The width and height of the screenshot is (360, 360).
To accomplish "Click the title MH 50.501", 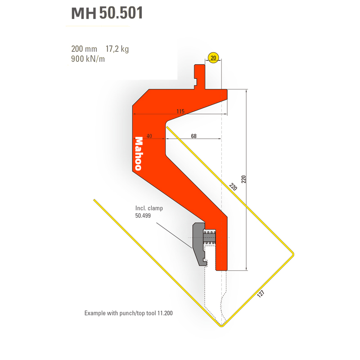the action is [107, 13].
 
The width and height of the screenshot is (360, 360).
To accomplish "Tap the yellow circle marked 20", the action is [213, 58].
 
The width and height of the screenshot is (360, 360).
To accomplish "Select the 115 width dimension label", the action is [180, 111].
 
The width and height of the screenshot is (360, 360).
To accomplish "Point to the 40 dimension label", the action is [149, 136].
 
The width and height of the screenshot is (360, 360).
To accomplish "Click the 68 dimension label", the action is [194, 136].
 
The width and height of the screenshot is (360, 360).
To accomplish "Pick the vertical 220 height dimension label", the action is [243, 179].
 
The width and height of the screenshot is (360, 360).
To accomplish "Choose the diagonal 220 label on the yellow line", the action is [233, 187].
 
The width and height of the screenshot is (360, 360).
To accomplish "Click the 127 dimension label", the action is [261, 294].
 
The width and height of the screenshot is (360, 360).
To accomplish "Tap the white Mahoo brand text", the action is [139, 153].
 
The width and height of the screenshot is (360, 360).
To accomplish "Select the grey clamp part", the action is [199, 244].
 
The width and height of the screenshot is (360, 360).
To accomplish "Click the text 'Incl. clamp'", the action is [149, 208].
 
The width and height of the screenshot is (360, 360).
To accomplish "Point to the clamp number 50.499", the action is [143, 216].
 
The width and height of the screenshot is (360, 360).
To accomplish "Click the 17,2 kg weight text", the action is [117, 49].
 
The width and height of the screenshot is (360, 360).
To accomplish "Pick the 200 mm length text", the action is [84, 49].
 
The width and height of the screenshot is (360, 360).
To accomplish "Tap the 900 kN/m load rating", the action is [88, 59].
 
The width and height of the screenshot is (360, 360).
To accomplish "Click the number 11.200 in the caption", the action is [165, 313].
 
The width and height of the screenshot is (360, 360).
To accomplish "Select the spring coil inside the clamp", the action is [209, 238].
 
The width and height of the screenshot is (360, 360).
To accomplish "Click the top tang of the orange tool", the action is [199, 76].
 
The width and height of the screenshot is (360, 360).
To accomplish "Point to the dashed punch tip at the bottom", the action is [221, 324].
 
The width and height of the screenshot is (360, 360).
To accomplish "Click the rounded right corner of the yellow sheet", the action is [292, 254].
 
